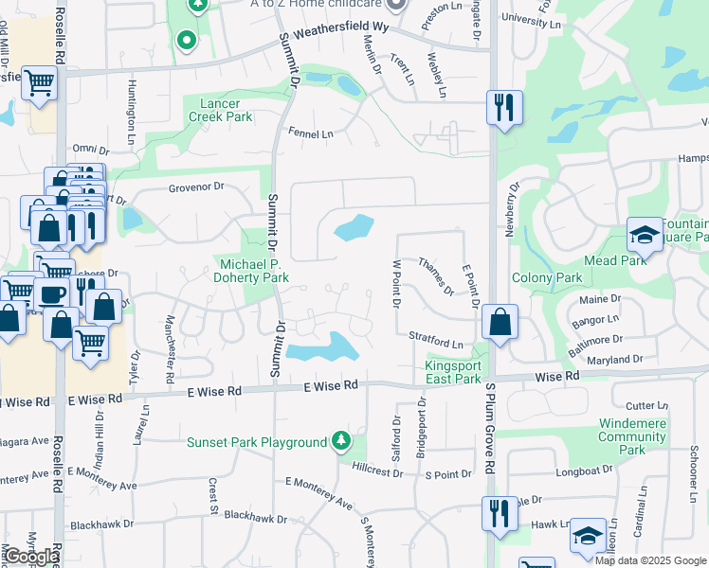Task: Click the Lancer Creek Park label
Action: (x=227, y=110)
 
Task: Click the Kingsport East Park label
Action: (x=453, y=372)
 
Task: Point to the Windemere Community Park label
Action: (x=632, y=436)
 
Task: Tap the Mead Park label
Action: (x=614, y=260)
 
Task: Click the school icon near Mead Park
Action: (x=645, y=235)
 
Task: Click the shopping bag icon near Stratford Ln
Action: (x=500, y=322)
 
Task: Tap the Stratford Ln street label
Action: (x=436, y=339)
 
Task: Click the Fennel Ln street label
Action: (x=312, y=134)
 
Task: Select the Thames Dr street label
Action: (x=436, y=276)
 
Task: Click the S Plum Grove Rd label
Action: (x=490, y=429)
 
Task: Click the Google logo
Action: (x=30, y=557)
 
